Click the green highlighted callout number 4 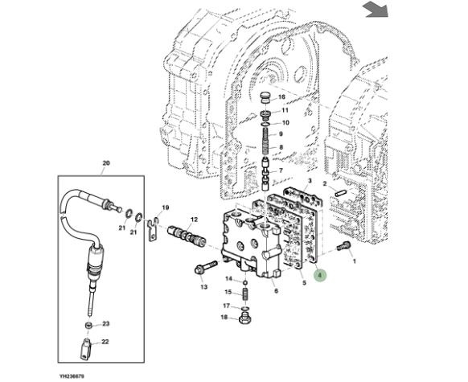tap(320, 275)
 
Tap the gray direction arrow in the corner tap(375, 10)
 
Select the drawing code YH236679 tap(72, 376)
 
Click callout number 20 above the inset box tap(106, 163)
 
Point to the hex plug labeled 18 tap(245, 318)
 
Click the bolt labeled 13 tap(206, 267)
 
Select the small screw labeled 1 tap(344, 245)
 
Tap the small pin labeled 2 tap(340, 193)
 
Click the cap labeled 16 tap(265, 97)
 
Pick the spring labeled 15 tap(245, 294)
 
